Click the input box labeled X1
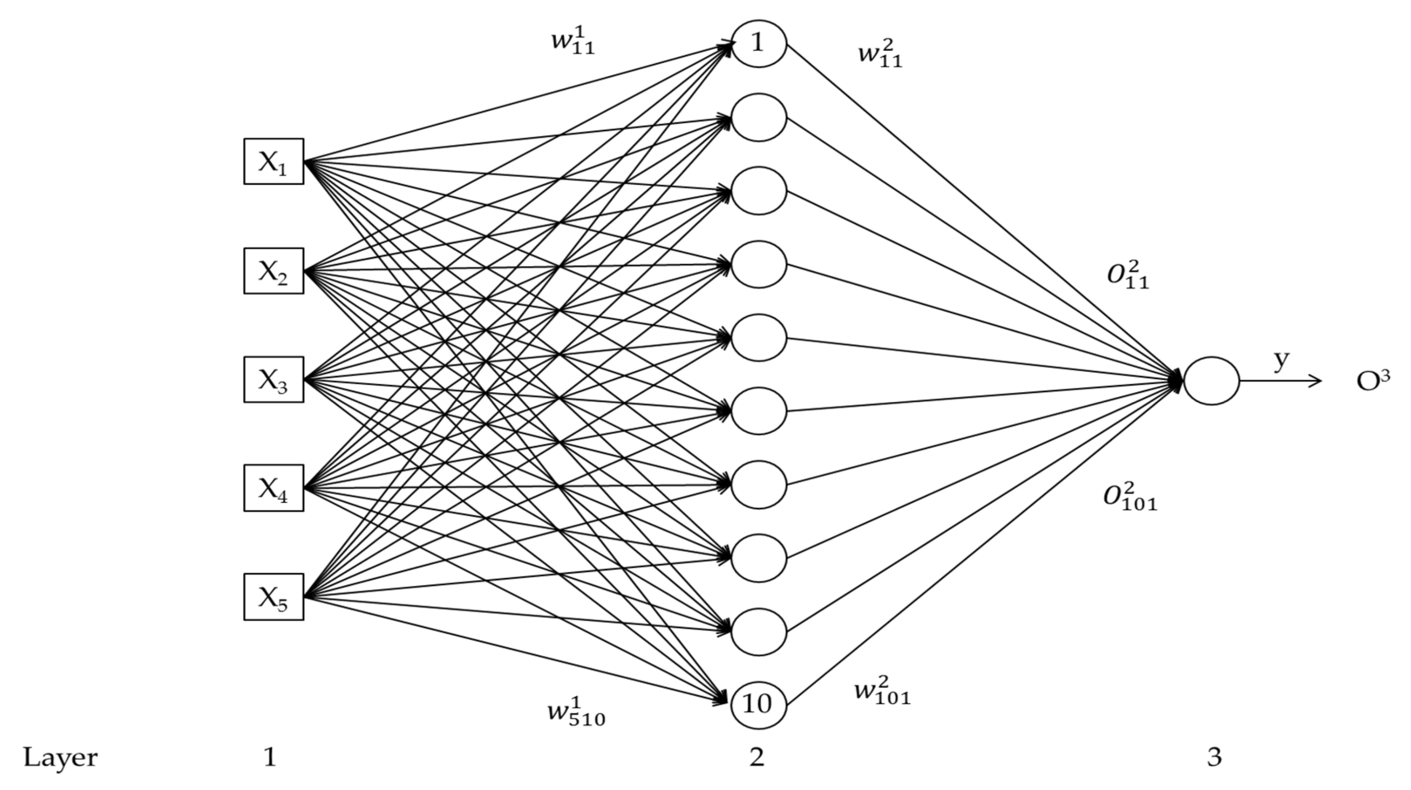273,162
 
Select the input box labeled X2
273,271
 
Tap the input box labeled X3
273,380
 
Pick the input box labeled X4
273,488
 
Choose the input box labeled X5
273,597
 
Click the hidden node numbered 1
759,44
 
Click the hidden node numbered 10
759,704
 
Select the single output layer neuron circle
1211,381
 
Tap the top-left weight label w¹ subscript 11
572,41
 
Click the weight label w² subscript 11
880,55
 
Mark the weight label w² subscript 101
882,691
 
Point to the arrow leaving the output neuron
1282,381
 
